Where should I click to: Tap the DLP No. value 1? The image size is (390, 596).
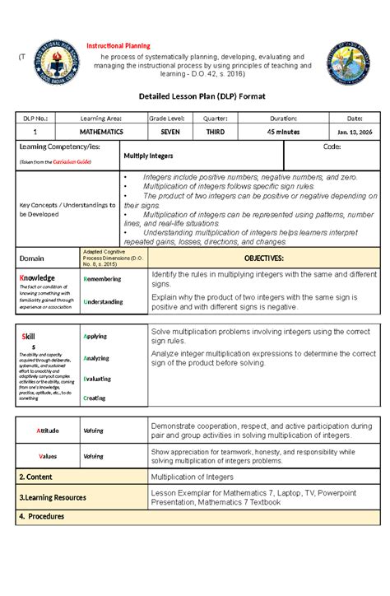35,132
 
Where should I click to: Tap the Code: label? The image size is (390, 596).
332,146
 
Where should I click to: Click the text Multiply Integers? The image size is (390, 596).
148,155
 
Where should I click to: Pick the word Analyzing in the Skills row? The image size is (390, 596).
98,358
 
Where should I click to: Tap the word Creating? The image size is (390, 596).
95,398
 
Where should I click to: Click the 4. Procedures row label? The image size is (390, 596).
41,516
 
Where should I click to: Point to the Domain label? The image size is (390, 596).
32,258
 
